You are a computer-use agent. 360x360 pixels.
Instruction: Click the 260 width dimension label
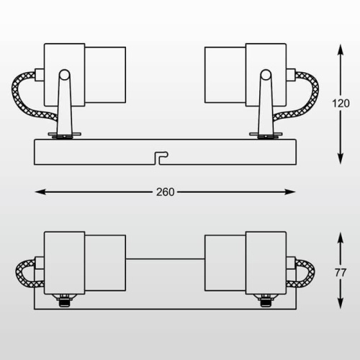[165, 192]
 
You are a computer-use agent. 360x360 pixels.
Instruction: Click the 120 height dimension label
[341, 104]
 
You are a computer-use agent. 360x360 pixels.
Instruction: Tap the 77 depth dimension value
[341, 273]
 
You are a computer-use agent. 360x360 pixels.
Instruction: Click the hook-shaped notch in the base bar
[161, 158]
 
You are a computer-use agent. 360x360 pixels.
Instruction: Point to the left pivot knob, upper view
[64, 74]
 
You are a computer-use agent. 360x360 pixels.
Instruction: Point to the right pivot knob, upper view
[266, 74]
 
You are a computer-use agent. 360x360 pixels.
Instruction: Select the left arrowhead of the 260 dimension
[40, 192]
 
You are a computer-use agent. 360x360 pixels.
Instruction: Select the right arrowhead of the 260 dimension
[290, 192]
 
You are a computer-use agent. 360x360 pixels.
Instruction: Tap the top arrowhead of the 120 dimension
[341, 50]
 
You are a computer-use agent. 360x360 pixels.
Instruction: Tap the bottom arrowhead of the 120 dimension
[341, 158]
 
